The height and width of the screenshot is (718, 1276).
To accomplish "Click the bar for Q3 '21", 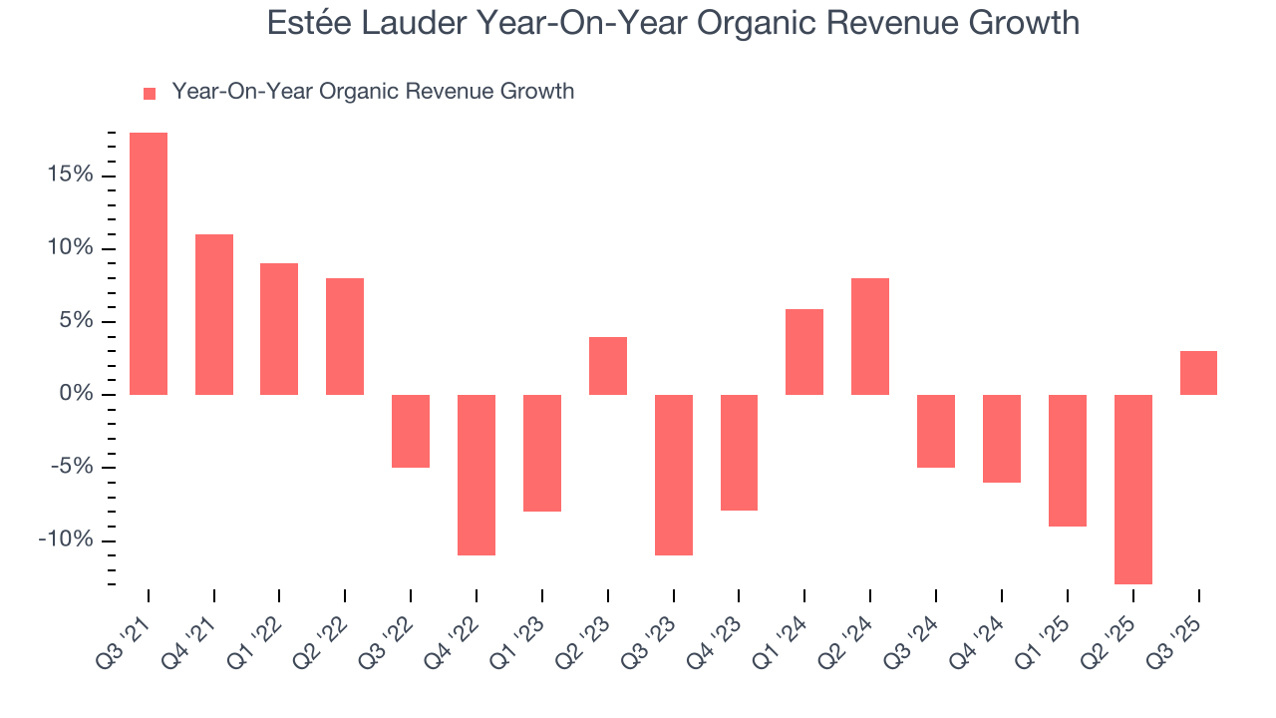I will [149, 263].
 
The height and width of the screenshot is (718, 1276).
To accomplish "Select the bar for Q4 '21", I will [214, 314].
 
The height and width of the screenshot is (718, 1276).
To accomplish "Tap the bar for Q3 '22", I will [411, 431].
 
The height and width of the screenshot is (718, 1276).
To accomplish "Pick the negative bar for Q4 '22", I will [477, 475].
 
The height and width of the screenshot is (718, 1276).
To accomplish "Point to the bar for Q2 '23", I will [608, 366].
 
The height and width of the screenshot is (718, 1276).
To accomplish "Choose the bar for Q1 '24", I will [804, 352].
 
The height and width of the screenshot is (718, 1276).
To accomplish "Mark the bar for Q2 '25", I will [1132, 489].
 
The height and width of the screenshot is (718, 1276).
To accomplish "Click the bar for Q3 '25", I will [1198, 373].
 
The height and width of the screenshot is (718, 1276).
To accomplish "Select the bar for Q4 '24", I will [1001, 439].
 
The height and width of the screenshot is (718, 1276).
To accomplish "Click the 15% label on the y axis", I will [70, 176].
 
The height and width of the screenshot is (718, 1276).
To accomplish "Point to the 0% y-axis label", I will [76, 395].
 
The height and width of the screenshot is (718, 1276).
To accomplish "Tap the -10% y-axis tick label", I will [66, 540].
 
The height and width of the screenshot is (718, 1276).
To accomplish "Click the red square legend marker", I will [150, 93].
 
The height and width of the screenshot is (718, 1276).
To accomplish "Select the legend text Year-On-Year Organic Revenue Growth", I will [373, 92].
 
